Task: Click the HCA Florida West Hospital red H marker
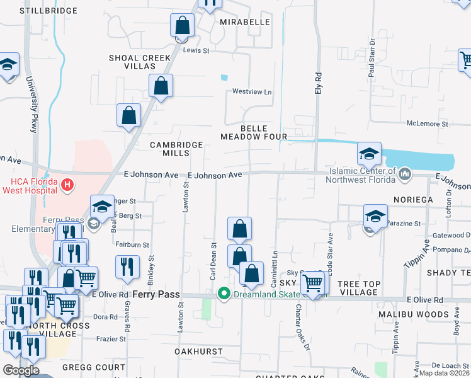point(69,186)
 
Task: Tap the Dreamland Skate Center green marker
point(223,294)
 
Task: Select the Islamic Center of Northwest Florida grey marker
point(405,173)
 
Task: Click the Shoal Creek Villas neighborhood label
point(140,62)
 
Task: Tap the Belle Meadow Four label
point(254,132)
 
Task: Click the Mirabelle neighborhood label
point(245,22)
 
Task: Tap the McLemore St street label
point(427,124)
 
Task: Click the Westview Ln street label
point(252,92)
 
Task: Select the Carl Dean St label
point(213,261)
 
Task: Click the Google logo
point(21,370)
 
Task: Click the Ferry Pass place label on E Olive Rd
point(160,295)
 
